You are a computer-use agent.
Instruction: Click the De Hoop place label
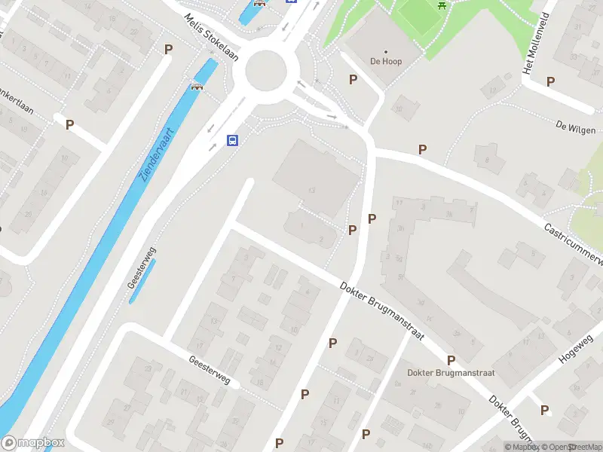tap(386, 61)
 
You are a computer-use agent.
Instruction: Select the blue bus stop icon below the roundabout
tap(233, 140)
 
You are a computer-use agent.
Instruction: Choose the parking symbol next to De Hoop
tap(352, 79)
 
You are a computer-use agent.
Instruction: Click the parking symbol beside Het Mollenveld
tap(551, 81)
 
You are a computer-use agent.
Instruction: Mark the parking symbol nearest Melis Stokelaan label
tap(168, 49)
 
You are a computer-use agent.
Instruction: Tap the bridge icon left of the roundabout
tap(199, 85)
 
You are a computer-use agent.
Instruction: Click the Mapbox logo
tap(32, 443)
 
